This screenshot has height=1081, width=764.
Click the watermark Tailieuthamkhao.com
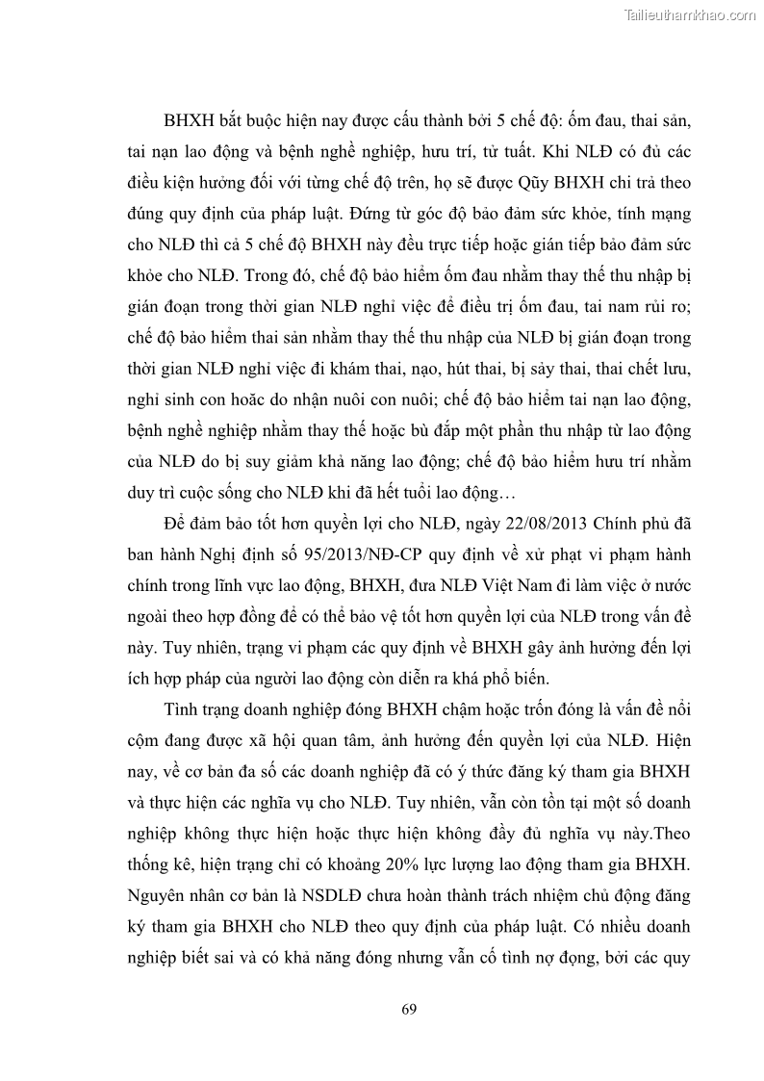click(690, 14)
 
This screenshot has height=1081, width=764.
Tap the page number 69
click(409, 1009)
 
